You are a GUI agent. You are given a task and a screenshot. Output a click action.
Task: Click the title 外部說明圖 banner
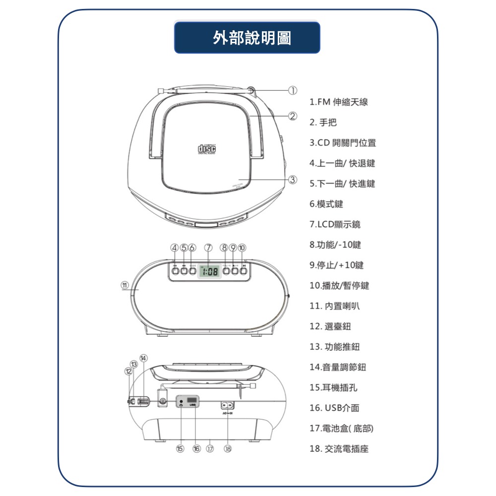point(247,38)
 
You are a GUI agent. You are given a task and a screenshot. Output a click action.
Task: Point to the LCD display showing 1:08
point(208,271)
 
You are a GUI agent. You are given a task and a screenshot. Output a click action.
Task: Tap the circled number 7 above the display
point(208,248)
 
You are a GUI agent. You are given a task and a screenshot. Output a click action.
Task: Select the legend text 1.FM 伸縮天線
point(339,102)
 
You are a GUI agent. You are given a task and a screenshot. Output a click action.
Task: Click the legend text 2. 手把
point(323,123)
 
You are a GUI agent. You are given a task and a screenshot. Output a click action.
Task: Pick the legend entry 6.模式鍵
point(326,204)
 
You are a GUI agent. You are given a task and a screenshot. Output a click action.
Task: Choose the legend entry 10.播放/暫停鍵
point(339,286)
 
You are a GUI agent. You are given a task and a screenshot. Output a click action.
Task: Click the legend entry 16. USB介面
point(334,408)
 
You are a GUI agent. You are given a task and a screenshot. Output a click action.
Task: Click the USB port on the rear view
point(193,400)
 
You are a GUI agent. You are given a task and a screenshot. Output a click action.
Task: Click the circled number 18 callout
point(228,448)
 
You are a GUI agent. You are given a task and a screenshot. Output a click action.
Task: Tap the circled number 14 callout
point(144,358)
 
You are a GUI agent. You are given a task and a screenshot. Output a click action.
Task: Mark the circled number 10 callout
point(242,248)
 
